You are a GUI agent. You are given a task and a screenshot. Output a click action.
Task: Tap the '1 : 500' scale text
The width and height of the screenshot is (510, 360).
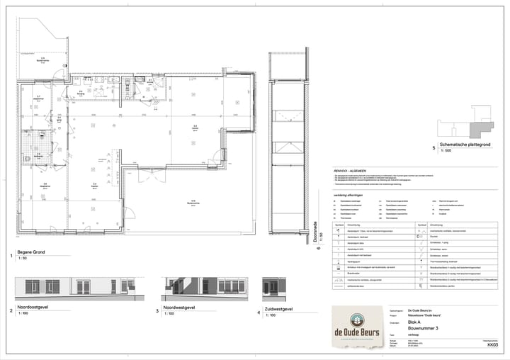pyautogui.click(x=446, y=152)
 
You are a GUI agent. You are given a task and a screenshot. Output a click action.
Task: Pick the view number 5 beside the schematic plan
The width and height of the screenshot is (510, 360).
pyautogui.click(x=433, y=147)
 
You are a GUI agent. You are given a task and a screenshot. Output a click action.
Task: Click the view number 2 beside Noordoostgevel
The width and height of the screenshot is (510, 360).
pyautogui.click(x=11, y=310)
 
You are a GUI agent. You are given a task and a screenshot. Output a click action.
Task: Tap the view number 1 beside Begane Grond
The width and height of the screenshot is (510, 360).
pyautogui.click(x=11, y=255)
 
